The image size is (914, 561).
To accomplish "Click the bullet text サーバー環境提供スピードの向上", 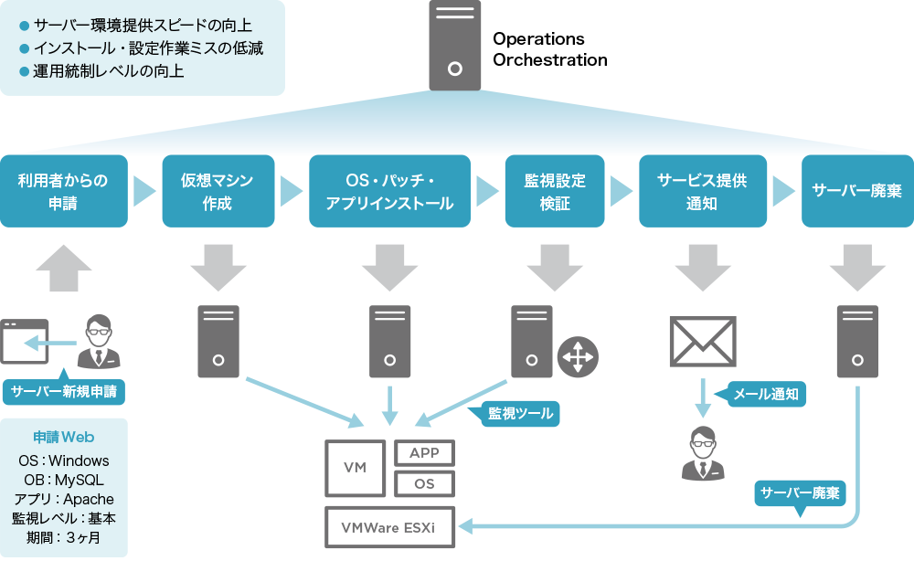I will coord(143,26).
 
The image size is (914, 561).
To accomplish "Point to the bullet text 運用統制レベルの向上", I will coord(109,71).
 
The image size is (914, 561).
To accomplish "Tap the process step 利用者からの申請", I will coord(63,192).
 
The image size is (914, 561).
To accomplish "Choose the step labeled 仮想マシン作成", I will coord(217,192).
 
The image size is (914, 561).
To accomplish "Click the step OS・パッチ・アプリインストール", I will coord(389,192).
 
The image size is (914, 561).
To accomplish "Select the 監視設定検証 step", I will coord(555,192).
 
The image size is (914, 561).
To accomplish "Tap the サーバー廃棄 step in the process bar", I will coord(856,191).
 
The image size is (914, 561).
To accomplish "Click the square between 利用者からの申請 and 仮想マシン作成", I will coord(147,191).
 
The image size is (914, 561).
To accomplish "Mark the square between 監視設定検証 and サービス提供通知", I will coord(624,191).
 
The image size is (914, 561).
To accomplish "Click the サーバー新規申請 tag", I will coord(64,392).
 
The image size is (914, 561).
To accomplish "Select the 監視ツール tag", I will coord(520,413).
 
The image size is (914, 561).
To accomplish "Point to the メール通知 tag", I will coord(766,394).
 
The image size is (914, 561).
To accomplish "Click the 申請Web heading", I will coord(64,438).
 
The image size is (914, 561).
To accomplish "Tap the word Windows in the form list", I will coord(79,460).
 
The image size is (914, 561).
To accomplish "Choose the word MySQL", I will coord(79,480).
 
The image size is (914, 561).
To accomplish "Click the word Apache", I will coord(89,499).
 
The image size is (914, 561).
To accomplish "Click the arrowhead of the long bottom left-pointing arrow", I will coord(464,526).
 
